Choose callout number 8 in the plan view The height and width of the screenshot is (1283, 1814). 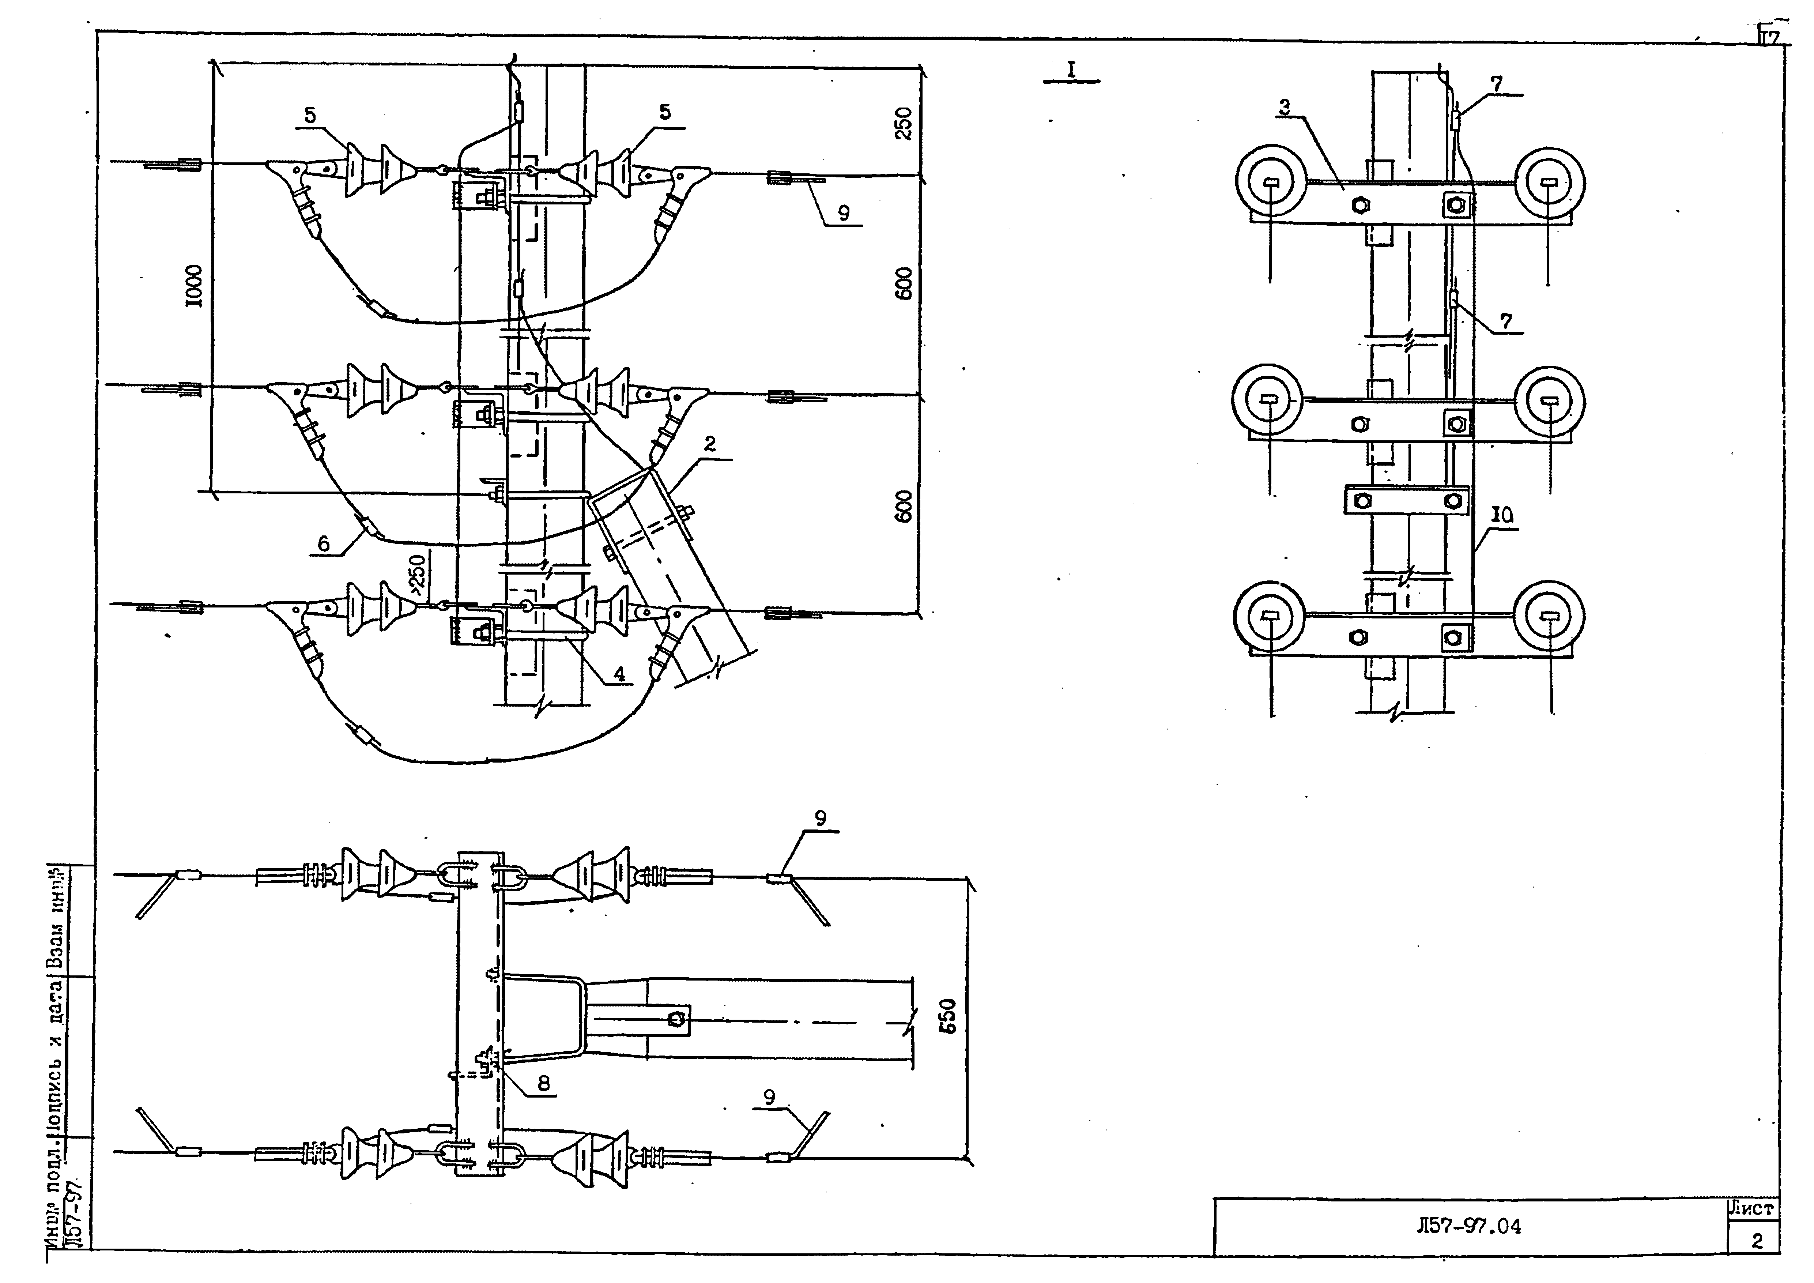(544, 1083)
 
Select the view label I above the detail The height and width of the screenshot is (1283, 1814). (1071, 69)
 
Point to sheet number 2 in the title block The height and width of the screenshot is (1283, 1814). (1756, 1241)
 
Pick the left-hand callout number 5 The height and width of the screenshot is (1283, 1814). (310, 114)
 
